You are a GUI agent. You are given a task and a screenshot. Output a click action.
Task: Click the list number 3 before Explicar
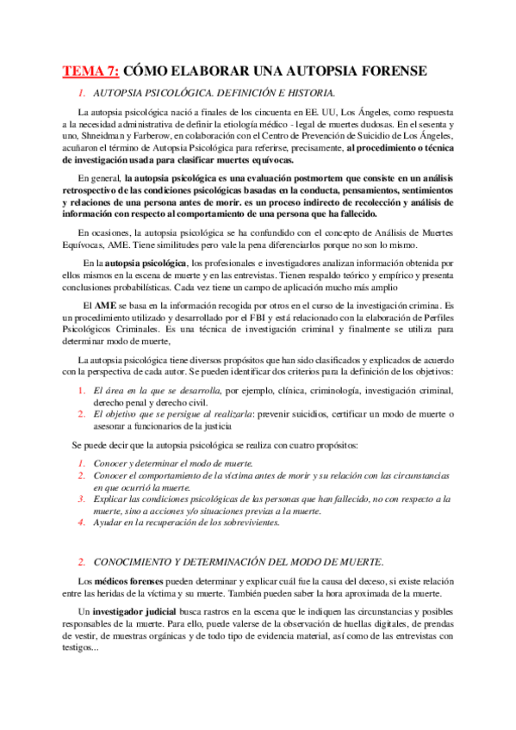pyautogui.click(x=80, y=498)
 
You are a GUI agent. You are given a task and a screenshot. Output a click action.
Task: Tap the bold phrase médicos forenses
pyautogui.click(x=131, y=582)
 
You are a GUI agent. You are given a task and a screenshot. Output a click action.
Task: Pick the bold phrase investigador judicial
pyautogui.click(x=136, y=610)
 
